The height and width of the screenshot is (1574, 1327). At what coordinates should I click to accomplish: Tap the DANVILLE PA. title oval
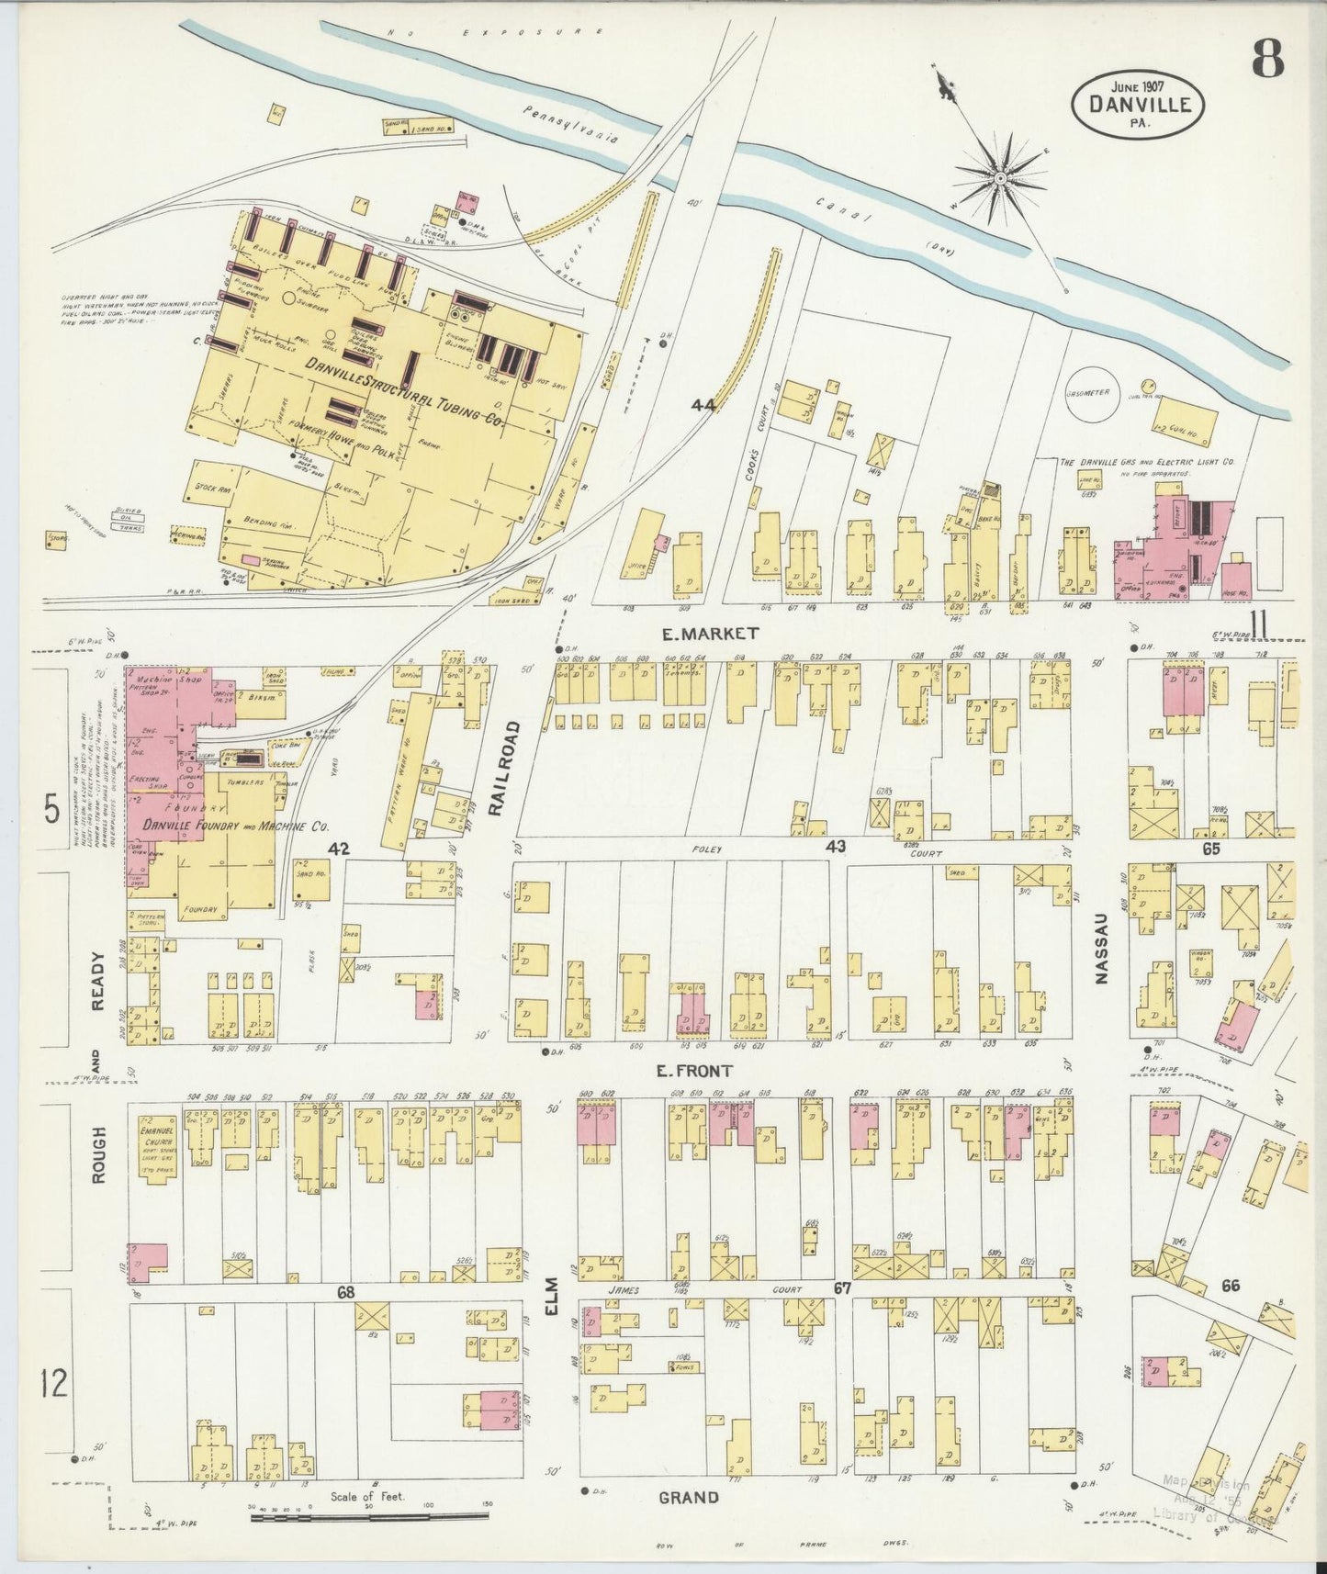[x=1140, y=107]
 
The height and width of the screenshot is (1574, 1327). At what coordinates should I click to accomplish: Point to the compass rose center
[x=1000, y=175]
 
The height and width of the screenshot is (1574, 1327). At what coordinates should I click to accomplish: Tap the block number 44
[x=704, y=404]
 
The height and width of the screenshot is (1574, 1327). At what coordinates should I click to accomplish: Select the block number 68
[x=345, y=1293]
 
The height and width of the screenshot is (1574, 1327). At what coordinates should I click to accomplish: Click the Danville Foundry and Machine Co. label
[x=235, y=826]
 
